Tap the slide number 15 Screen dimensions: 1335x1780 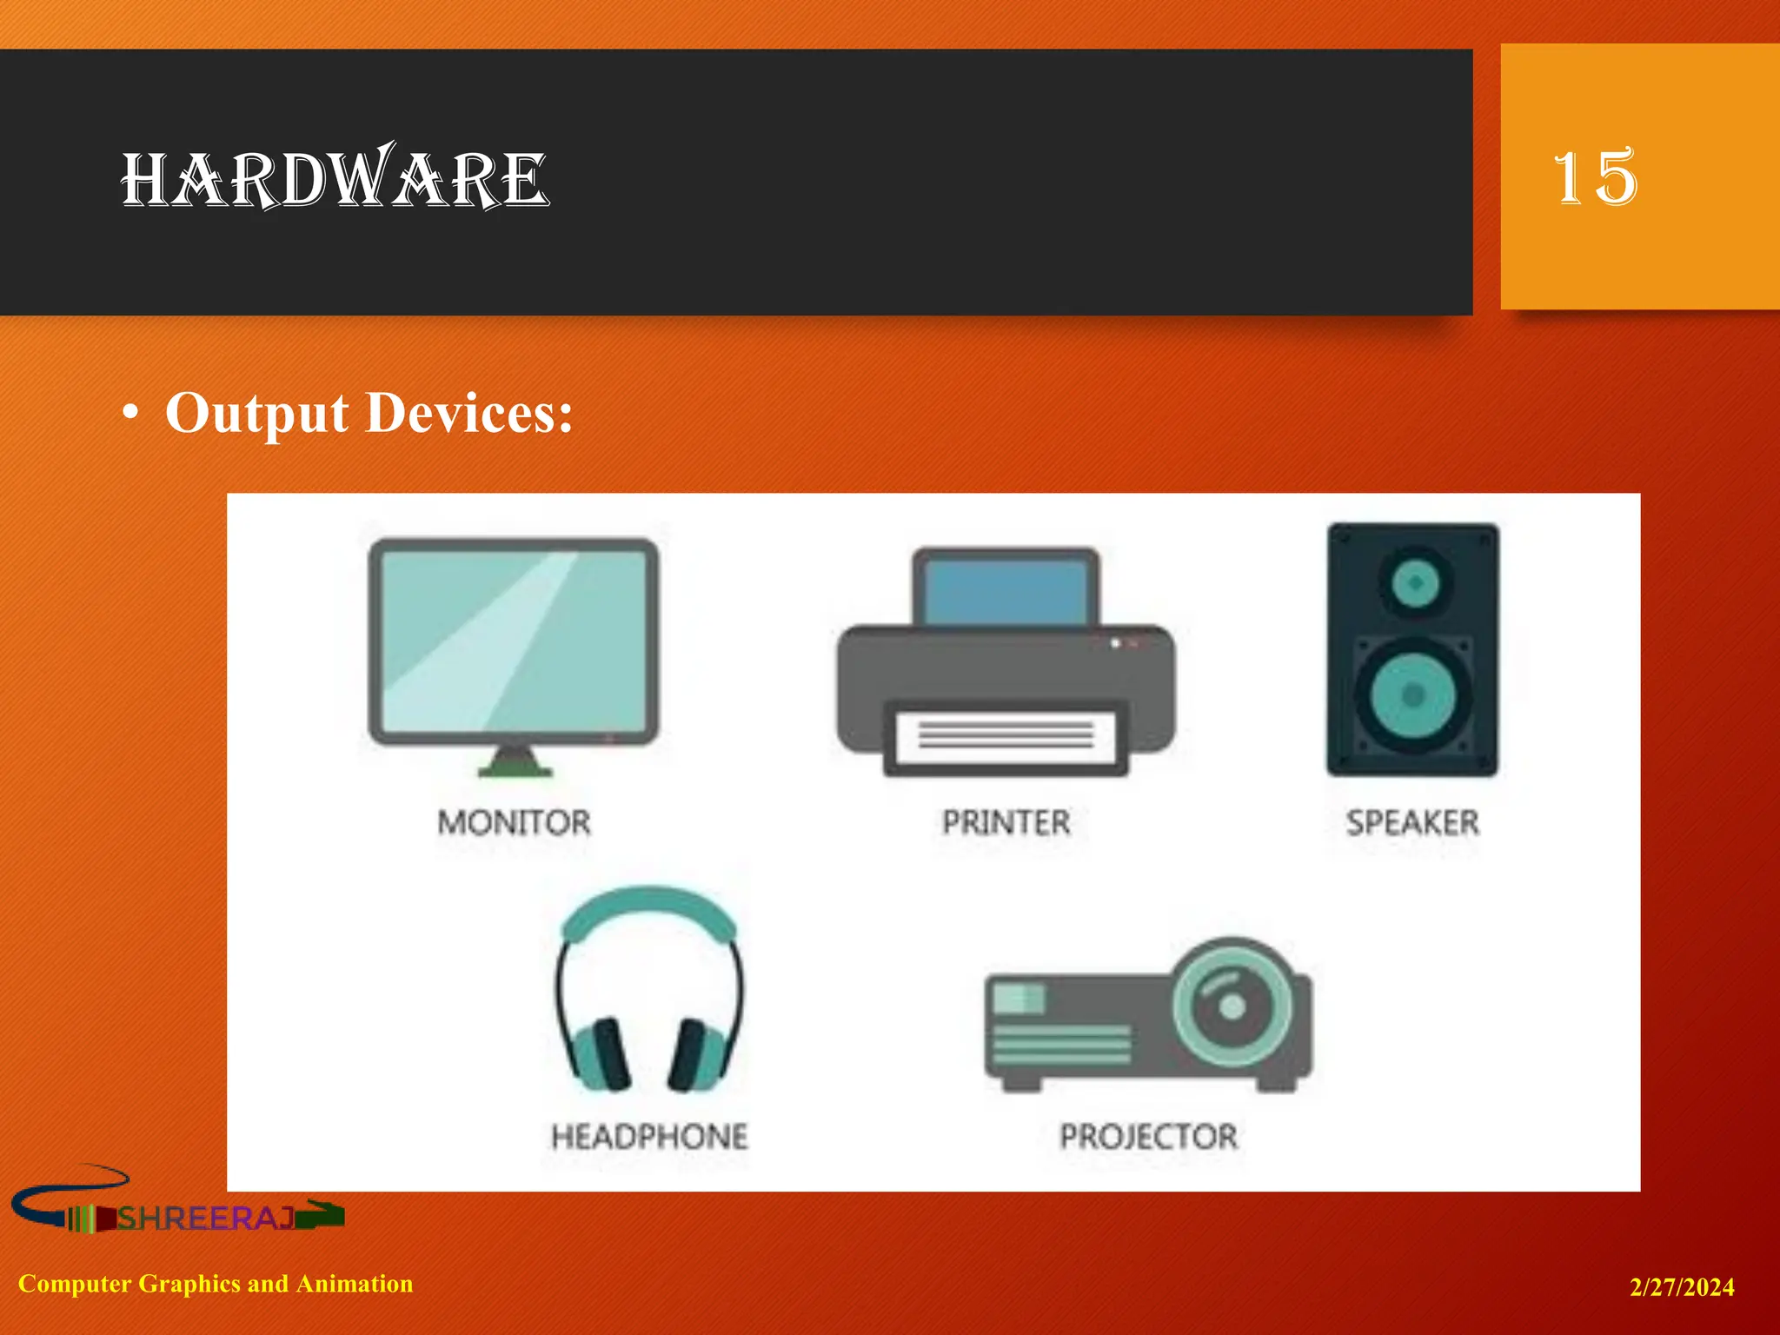point(1595,177)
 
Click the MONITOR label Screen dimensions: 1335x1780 point(514,822)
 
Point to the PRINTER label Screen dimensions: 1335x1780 point(1006,822)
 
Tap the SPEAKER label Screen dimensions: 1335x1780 point(1412,822)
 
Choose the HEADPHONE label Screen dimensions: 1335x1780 point(649,1137)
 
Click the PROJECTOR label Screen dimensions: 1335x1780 point(1148,1137)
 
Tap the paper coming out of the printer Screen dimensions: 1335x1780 point(1006,735)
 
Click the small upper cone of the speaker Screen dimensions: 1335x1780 point(1415,582)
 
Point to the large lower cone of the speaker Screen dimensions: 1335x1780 point(1413,694)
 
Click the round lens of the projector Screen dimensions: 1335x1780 point(1232,1006)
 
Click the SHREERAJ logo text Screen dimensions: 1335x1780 point(207,1219)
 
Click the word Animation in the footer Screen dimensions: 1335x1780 point(355,1284)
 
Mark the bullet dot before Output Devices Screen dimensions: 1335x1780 point(130,415)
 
